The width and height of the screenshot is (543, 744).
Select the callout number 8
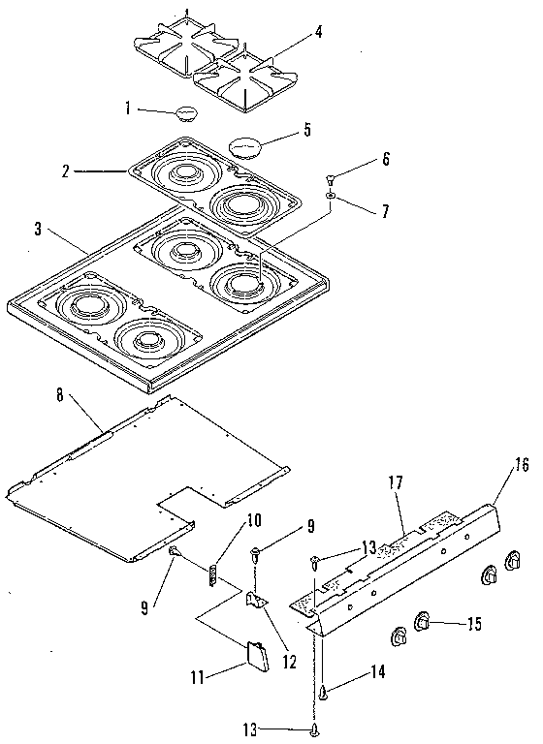point(61,395)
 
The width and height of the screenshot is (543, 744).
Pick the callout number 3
point(37,230)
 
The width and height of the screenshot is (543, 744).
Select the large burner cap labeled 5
point(246,146)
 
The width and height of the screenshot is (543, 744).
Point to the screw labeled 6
point(331,179)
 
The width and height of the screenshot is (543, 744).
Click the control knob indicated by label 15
point(424,621)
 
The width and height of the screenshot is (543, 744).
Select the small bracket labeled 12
point(257,602)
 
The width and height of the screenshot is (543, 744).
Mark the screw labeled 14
point(322,691)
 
